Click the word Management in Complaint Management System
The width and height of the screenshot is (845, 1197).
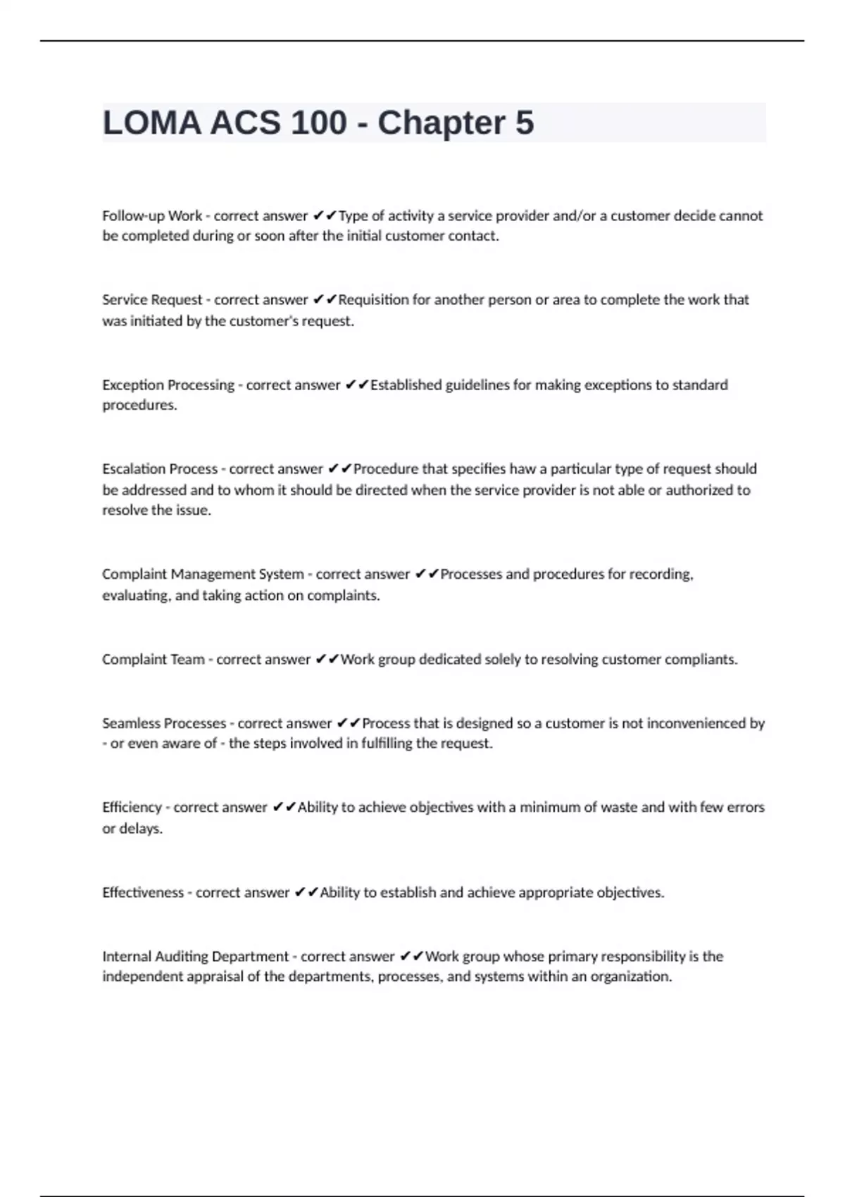(212, 575)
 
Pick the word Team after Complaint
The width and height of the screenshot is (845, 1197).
(187, 660)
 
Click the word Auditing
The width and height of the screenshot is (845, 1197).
(181, 957)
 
